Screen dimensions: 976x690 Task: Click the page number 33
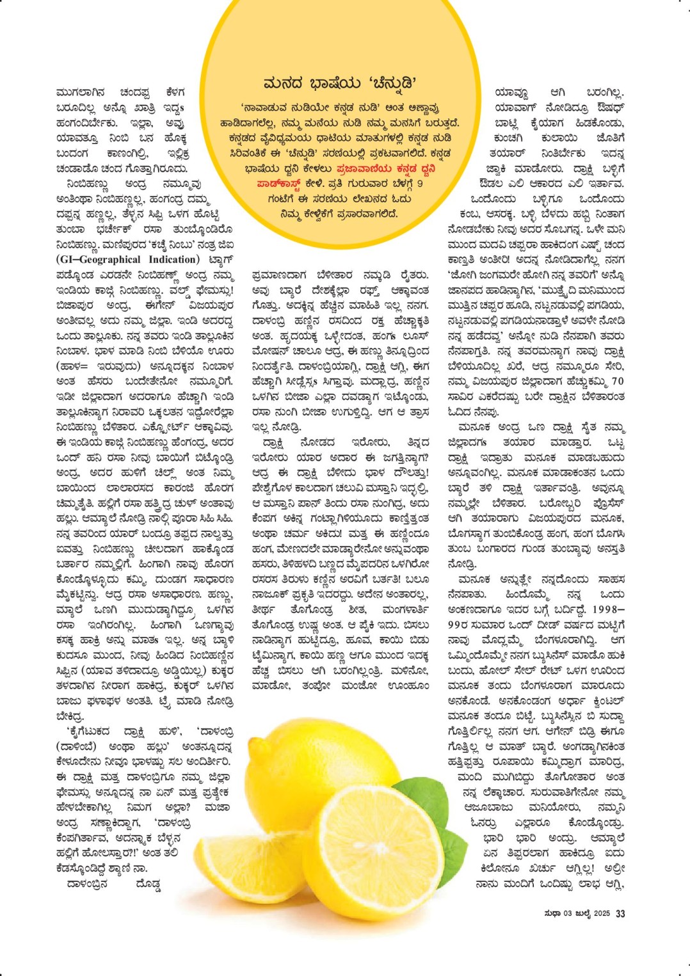tap(620, 913)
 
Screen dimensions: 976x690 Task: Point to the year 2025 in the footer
tap(602, 913)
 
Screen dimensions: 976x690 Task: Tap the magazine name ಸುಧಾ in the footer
tap(552, 913)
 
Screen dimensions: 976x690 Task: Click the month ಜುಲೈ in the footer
tap(582, 913)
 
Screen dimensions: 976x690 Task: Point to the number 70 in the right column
tap(617, 381)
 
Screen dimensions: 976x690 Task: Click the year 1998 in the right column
tap(606, 609)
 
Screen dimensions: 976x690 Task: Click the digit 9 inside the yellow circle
tap(419, 184)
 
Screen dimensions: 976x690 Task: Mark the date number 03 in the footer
tap(568, 913)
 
